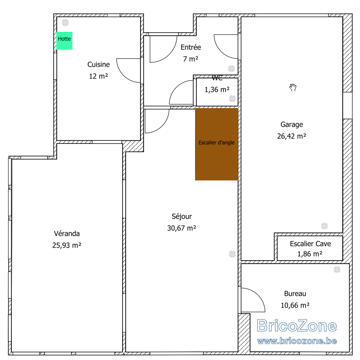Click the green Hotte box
point(65,41)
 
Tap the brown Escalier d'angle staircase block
point(216,144)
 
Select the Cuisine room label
point(98,65)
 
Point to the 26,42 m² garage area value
point(291,136)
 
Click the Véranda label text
point(67,234)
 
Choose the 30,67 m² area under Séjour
point(182,228)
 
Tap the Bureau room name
point(295,294)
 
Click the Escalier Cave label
point(310,244)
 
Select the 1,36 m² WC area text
point(217,89)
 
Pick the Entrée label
point(191,47)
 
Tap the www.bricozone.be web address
point(297,341)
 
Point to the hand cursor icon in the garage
point(293,88)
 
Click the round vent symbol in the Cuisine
point(65,23)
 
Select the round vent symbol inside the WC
point(232,99)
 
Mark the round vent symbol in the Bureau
point(337,269)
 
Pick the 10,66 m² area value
point(295,306)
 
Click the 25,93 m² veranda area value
point(67,245)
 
